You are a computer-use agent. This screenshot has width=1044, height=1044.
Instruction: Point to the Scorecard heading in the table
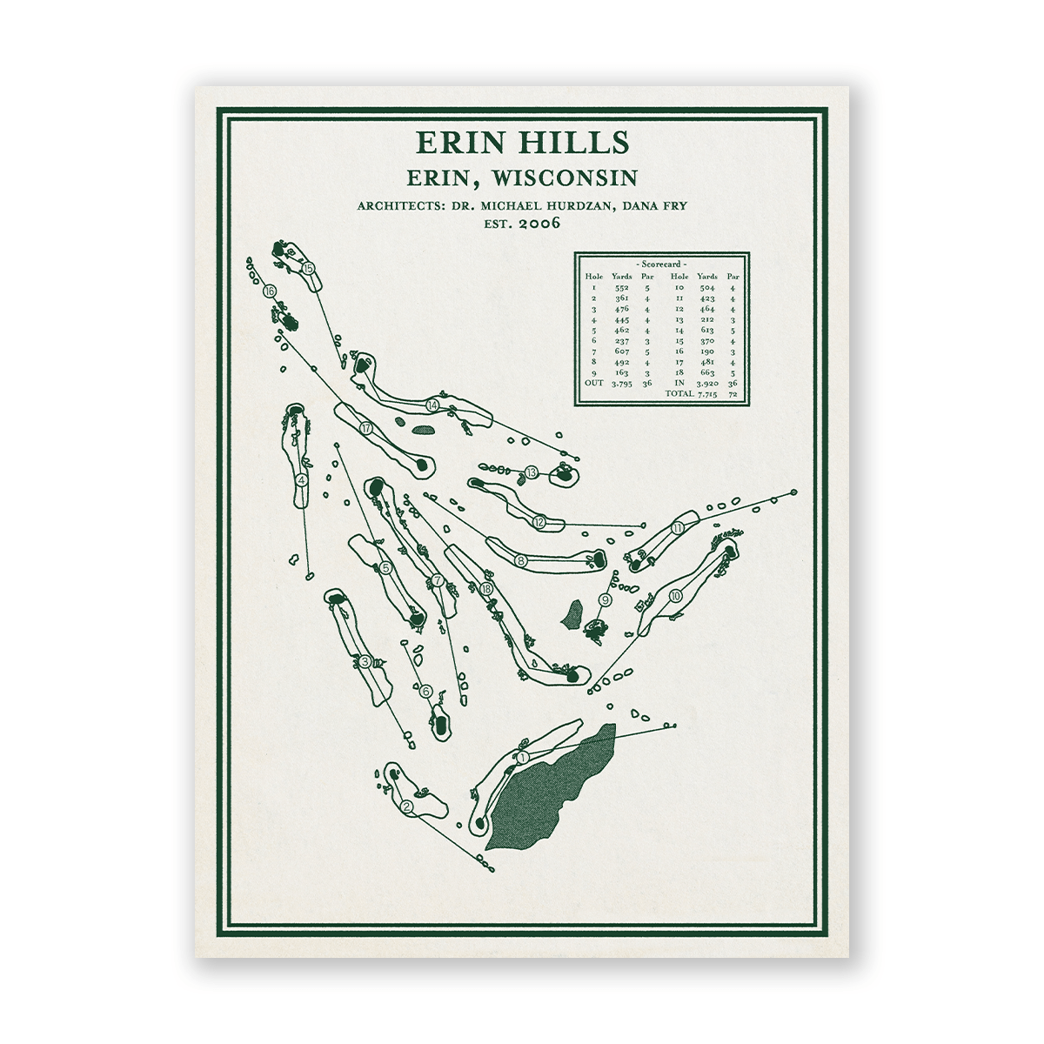click(x=661, y=263)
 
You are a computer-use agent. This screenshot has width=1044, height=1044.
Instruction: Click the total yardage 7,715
click(x=706, y=394)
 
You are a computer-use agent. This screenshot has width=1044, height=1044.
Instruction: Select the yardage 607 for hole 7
click(x=621, y=351)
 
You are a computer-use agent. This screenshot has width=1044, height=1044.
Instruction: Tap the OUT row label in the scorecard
click(x=593, y=383)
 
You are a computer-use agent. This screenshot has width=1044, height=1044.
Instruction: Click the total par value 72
click(x=733, y=394)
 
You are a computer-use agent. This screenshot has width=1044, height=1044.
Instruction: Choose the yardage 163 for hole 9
click(x=621, y=372)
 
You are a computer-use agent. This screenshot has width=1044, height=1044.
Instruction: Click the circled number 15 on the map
click(x=308, y=269)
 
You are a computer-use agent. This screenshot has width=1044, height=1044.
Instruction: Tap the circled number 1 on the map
click(x=523, y=758)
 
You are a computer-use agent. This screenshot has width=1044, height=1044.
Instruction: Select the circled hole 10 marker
click(x=676, y=596)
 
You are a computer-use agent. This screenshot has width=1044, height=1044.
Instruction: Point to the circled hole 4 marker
click(x=301, y=479)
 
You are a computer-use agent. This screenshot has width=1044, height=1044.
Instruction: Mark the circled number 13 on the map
click(x=532, y=472)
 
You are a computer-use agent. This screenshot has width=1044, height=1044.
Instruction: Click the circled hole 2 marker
click(x=405, y=806)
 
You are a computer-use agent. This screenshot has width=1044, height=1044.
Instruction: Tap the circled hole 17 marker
click(x=366, y=427)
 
